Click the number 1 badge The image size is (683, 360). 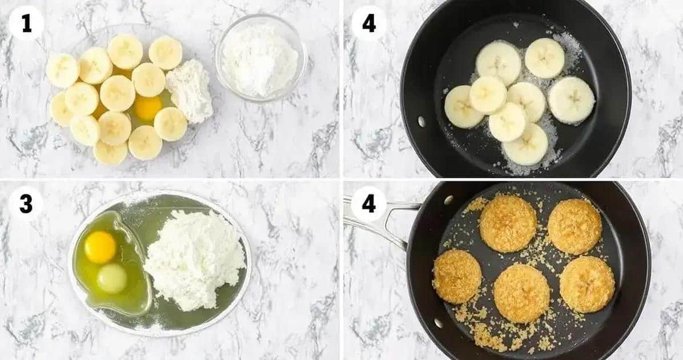point(27,23)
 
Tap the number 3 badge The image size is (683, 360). point(26,203)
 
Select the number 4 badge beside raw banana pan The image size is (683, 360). point(369,23)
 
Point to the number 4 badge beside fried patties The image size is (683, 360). point(369,203)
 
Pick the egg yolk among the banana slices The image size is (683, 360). point(147,107)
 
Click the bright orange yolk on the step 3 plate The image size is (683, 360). point(100,247)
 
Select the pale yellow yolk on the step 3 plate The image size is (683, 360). point(112,278)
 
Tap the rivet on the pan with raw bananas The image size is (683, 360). point(421,122)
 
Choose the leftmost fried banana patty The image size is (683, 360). point(457,277)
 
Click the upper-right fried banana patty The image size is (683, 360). point(574,227)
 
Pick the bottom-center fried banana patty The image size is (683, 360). point(521,293)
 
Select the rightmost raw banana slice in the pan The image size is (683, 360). point(572,100)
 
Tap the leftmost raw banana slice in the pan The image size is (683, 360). point(464,107)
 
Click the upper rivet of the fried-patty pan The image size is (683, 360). point(448,200)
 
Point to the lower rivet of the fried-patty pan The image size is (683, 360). point(439,323)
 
